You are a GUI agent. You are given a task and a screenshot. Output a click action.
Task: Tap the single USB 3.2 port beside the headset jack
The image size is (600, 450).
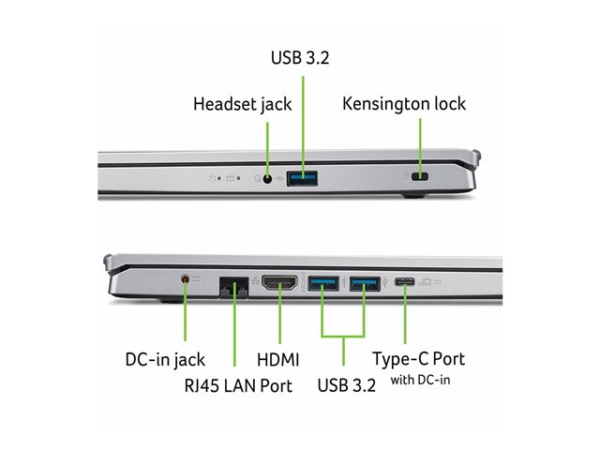(302, 176)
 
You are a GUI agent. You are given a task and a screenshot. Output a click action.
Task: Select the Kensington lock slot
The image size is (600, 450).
(419, 176)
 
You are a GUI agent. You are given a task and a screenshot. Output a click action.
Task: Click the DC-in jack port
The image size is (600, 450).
(186, 279)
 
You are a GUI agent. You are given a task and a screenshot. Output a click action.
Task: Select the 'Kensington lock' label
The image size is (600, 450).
(404, 103)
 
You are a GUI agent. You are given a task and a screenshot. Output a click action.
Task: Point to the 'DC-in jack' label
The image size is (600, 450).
(165, 359)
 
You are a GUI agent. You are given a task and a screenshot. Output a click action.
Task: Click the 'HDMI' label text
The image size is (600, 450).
(277, 359)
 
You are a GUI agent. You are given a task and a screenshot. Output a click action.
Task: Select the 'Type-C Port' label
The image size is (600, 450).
(418, 359)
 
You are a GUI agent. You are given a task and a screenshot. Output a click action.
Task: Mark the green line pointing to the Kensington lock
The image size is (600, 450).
(419, 141)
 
